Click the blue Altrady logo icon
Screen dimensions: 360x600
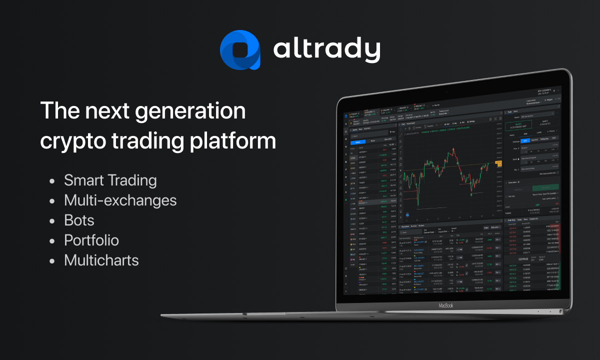[240, 49]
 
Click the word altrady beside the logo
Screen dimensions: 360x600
[326, 49]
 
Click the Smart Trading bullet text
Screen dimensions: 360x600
[110, 180]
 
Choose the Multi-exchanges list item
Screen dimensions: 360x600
[120, 200]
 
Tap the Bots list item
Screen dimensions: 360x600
[79, 220]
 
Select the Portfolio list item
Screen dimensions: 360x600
[91, 240]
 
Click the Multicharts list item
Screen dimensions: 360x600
[101, 260]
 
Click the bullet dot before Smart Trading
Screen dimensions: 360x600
[52, 181]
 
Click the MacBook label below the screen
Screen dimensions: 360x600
[445, 305]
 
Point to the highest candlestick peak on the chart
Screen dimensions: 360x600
[452, 149]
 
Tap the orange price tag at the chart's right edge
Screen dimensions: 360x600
[498, 163]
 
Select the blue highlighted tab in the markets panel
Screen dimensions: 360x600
[357, 141]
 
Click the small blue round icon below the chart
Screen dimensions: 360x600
[407, 215]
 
